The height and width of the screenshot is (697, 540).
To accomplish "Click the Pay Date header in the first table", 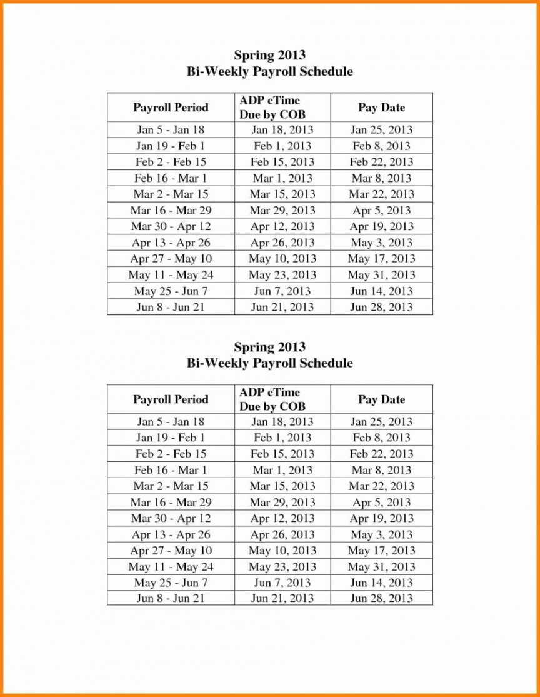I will pyautogui.click(x=381, y=108).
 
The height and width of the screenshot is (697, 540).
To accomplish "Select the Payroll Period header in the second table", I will pyautogui.click(x=171, y=399).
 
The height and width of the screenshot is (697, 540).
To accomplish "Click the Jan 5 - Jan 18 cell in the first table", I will pyautogui.click(x=171, y=130).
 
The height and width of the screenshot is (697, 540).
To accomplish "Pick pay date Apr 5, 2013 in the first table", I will pyautogui.click(x=381, y=211).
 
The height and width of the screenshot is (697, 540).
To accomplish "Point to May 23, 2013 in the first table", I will pyautogui.click(x=282, y=275).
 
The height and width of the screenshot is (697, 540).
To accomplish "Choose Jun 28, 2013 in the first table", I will pyautogui.click(x=381, y=307).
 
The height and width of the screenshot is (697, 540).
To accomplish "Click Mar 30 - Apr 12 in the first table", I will pyautogui.click(x=171, y=227).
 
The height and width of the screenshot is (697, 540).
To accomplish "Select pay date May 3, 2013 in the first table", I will pyautogui.click(x=381, y=243).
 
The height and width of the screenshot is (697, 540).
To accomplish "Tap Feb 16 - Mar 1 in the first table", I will pyautogui.click(x=171, y=178).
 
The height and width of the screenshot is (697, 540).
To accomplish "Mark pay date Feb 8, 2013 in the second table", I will pyautogui.click(x=381, y=438).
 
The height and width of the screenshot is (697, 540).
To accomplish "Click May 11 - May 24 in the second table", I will pyautogui.click(x=171, y=567).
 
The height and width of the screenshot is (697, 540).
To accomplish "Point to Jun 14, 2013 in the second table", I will pyautogui.click(x=381, y=583).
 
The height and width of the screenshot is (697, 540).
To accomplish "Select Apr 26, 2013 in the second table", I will pyautogui.click(x=282, y=534).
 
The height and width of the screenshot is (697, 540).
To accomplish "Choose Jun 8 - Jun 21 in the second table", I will pyautogui.click(x=171, y=598).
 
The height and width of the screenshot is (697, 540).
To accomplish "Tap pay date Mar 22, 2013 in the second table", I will pyautogui.click(x=381, y=486).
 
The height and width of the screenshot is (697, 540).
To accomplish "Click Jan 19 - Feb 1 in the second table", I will pyautogui.click(x=171, y=438).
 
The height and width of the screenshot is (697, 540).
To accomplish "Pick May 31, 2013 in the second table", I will pyautogui.click(x=381, y=567).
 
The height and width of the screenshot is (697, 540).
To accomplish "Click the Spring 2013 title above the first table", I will pyautogui.click(x=269, y=56).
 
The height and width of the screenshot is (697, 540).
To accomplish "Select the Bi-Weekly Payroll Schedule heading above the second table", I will pyautogui.click(x=269, y=363).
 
